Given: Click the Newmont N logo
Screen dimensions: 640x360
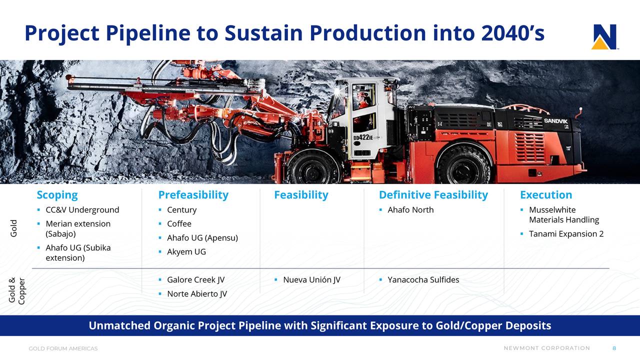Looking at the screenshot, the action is (x=604, y=37).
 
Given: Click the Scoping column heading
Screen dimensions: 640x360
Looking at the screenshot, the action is (x=57, y=195).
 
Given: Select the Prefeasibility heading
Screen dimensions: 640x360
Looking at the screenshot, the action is (x=193, y=195).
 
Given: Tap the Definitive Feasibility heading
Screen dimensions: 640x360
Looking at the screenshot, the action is (x=433, y=195).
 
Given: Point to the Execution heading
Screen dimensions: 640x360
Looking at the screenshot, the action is (x=546, y=195).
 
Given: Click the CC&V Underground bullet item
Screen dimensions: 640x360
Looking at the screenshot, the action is (x=82, y=210).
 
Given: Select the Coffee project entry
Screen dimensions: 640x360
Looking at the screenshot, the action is (x=179, y=223).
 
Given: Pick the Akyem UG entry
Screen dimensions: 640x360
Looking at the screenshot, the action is (x=186, y=251).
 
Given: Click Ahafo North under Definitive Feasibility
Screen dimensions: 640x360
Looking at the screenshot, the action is (x=410, y=210).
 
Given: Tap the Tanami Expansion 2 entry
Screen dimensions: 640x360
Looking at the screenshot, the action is (x=566, y=234).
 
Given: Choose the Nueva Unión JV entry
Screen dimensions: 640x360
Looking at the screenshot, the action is (x=311, y=279).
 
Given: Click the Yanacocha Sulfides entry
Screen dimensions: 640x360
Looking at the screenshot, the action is (x=423, y=279).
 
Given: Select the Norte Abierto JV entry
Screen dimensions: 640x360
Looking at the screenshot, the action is (x=197, y=293).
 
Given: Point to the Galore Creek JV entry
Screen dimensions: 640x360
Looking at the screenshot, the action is (x=195, y=279).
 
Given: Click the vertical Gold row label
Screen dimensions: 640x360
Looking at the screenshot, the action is (x=13, y=228).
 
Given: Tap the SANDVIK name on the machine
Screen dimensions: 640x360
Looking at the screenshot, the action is (x=555, y=121).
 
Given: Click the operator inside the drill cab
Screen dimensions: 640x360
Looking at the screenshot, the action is (x=362, y=101).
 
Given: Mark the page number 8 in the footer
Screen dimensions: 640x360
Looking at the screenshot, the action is (x=614, y=348).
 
